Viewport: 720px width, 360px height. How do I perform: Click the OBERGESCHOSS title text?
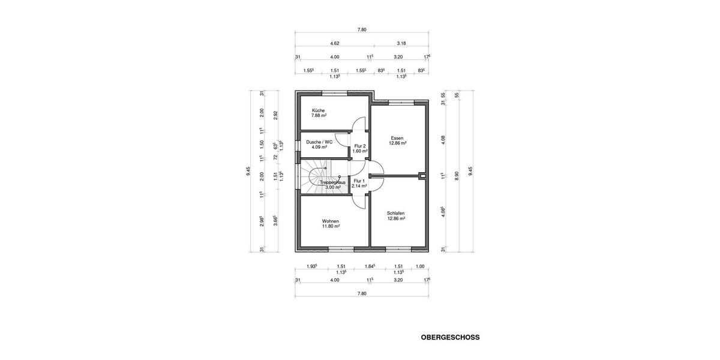pos(451,337)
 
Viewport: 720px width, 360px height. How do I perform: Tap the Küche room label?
pos(318,110)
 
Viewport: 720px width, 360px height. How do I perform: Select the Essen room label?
pos(397,138)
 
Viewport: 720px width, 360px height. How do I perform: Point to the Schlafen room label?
pos(396,213)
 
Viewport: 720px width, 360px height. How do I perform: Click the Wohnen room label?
pos(331,221)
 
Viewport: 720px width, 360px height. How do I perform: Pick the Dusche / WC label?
pos(319,142)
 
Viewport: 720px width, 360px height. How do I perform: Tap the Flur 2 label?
pos(360,146)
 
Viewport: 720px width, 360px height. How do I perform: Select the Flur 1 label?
pos(359,181)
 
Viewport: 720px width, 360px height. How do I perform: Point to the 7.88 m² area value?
pos(319,116)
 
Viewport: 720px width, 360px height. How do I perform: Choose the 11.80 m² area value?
pos(331,227)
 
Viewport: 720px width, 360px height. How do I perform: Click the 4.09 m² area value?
pos(319,148)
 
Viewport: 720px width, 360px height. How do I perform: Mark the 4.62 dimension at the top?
pos(335,43)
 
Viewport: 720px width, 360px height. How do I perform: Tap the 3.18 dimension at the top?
pos(401,43)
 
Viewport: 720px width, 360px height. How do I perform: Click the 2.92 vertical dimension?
pos(276,115)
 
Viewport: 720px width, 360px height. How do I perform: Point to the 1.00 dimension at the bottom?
pos(420,266)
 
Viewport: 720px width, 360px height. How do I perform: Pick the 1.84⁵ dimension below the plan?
pos(370,266)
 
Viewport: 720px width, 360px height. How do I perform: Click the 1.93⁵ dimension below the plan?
pos(311,266)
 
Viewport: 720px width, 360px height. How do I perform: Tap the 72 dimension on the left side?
pos(276,158)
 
